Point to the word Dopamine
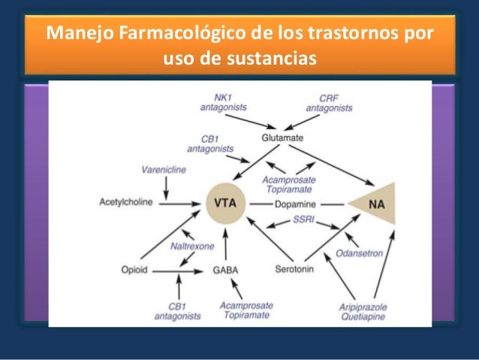click(296, 204)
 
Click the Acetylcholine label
click(126, 203)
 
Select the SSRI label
click(303, 222)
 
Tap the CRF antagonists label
click(329, 103)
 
